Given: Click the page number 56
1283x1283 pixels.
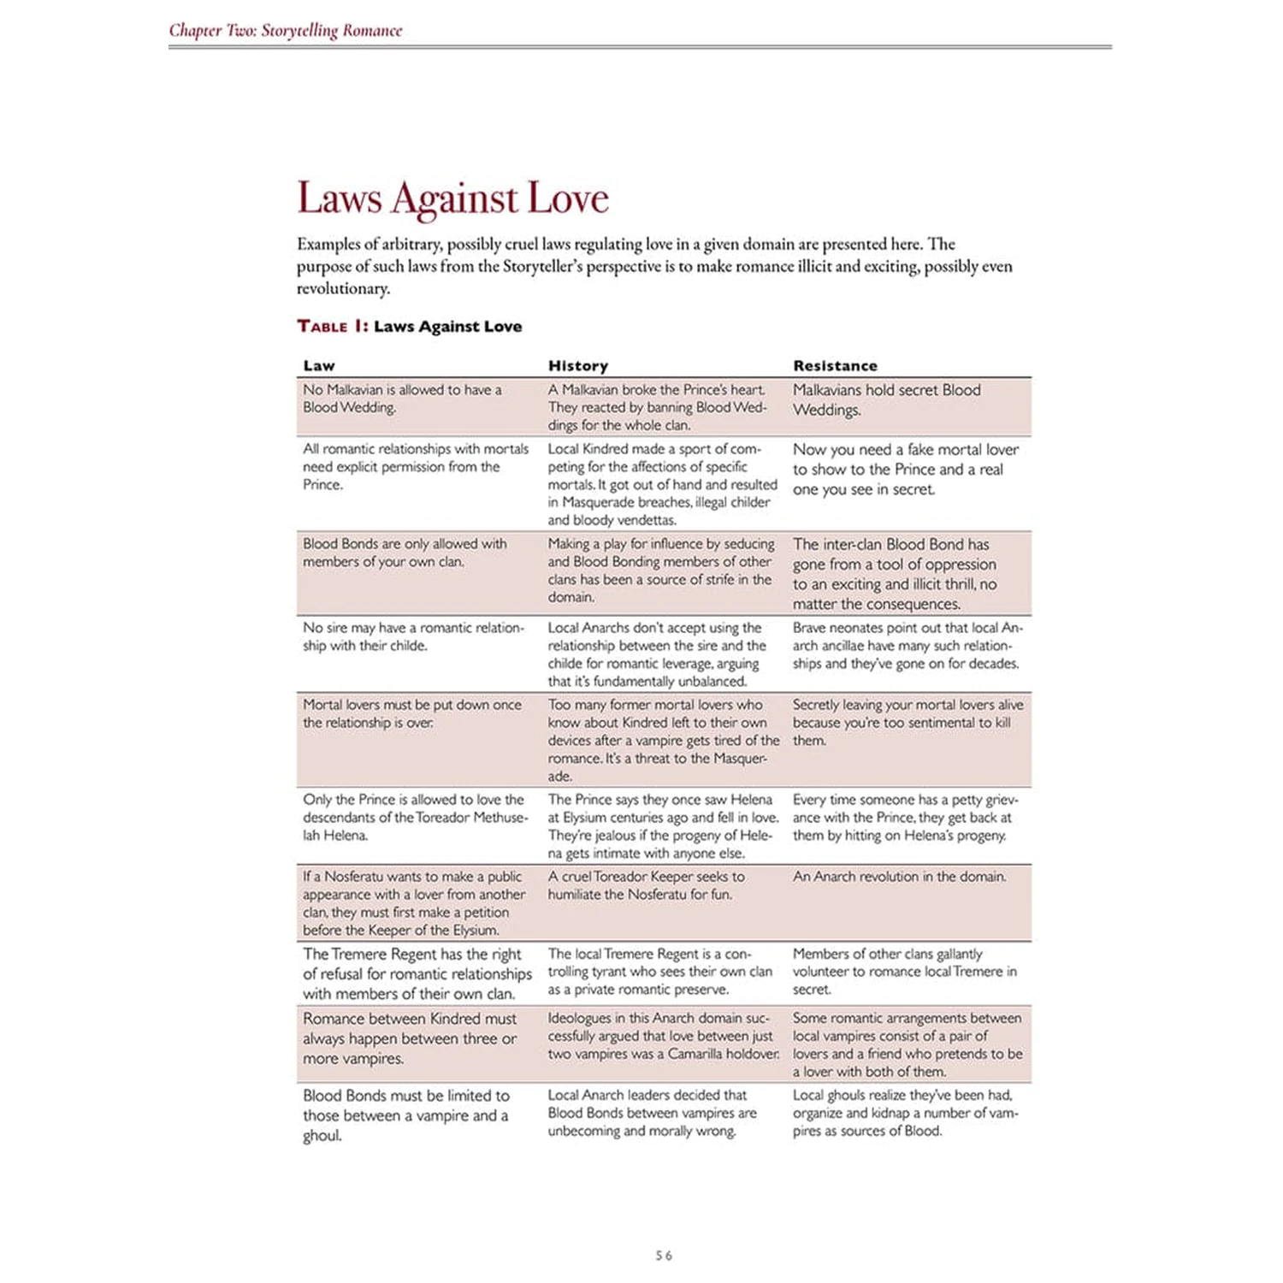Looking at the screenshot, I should point(664,1256).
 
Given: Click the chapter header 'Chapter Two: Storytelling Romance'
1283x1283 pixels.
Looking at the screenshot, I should point(285,31).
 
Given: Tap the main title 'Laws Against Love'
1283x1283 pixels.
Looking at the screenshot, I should point(452,198).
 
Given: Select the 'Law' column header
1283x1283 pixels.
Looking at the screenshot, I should point(319,366).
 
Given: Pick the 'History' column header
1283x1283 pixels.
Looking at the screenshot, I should point(578,366).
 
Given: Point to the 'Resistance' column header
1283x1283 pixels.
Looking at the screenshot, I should point(835,366).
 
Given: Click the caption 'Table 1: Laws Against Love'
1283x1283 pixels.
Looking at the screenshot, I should point(409,326).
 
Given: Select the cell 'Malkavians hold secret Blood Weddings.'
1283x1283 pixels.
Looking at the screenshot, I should point(886,399).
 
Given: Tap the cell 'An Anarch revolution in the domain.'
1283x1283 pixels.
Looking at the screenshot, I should point(899,877).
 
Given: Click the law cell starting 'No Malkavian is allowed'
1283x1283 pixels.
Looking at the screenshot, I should point(402,399).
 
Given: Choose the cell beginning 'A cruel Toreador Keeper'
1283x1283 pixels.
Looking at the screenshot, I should point(646,885).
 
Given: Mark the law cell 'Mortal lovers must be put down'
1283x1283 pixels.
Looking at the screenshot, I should point(411,713).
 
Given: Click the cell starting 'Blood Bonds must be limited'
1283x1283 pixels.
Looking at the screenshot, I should point(405,1114).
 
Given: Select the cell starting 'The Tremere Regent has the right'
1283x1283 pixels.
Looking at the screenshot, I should point(417,973).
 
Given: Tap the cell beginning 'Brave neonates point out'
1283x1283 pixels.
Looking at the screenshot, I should point(907,645).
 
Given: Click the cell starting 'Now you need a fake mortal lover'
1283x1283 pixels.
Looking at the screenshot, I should point(905,469).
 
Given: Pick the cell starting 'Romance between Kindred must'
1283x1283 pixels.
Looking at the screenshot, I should point(409,1038).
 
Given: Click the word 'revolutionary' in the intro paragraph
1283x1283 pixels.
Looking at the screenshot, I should point(343,288).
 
